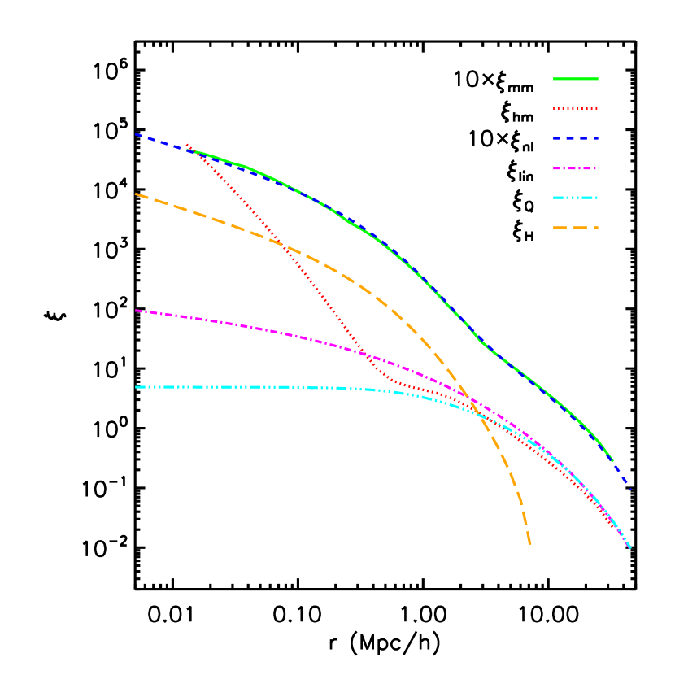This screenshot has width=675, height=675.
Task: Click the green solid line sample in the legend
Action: click(575, 79)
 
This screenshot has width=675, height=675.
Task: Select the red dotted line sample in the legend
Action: click(575, 108)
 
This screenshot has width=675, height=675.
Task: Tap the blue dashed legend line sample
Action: click(575, 138)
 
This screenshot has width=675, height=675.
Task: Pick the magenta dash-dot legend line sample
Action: click(575, 168)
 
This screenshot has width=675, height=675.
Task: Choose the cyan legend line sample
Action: click(575, 198)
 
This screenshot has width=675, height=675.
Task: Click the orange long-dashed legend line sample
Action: click(575, 228)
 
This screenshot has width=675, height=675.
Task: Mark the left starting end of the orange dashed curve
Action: click(136, 194)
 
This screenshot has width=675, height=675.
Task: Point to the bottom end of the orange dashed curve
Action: click(530, 545)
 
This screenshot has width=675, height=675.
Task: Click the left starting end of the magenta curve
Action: click(136, 311)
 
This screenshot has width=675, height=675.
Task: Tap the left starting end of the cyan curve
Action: click(136, 387)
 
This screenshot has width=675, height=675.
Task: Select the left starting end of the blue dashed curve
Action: click(136, 134)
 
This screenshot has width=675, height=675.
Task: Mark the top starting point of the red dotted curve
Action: click(187, 145)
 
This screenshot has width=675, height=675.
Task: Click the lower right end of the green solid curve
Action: click(612, 461)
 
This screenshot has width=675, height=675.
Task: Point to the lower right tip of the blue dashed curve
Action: click(630, 490)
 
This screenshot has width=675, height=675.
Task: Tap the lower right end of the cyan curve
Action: click(630, 548)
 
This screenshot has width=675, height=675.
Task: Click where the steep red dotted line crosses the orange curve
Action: click(283, 245)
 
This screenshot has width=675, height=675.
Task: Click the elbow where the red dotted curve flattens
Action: click(389, 379)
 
